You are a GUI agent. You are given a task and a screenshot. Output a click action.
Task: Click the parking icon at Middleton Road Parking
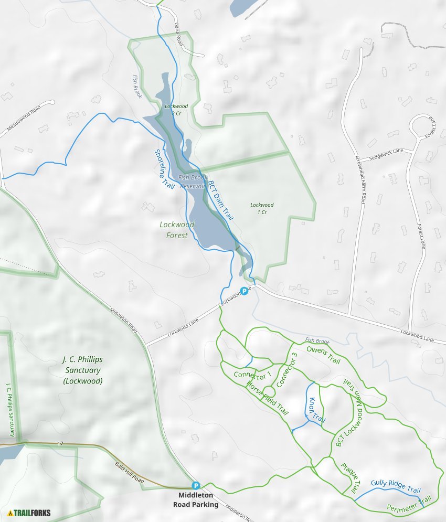(x=196, y=486)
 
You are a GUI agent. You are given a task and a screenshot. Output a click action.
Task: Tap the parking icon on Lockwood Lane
(x=244, y=291)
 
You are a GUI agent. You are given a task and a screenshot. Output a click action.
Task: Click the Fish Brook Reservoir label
(x=193, y=182)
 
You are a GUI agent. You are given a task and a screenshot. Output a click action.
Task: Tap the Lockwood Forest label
(x=177, y=230)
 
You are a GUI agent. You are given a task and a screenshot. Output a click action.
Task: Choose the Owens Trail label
(x=323, y=355)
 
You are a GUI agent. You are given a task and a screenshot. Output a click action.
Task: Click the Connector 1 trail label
(x=253, y=376)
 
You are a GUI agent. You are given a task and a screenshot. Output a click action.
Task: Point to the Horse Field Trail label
(x=268, y=397)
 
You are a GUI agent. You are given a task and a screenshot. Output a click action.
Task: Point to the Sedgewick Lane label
(x=386, y=154)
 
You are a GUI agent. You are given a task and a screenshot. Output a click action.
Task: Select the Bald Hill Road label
(x=129, y=472)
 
